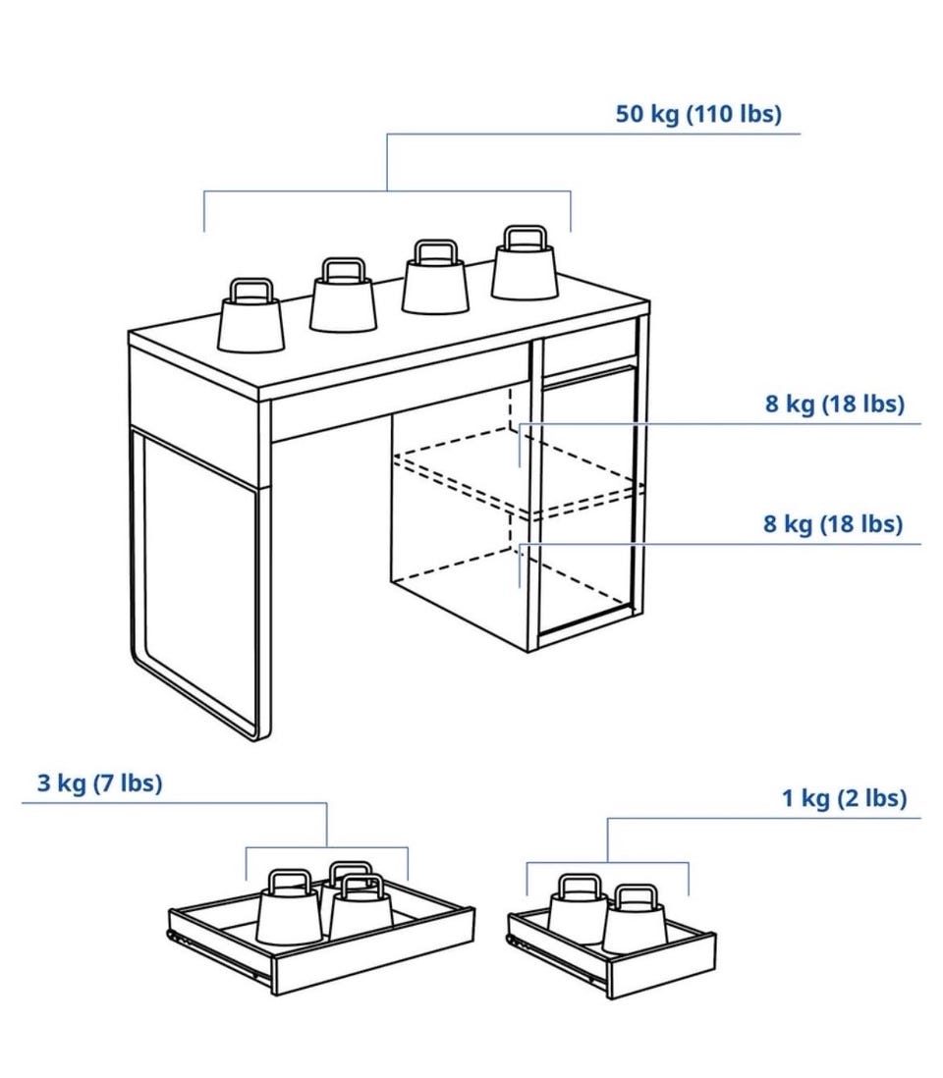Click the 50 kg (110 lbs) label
coord(698,114)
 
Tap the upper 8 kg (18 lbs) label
coord(834,404)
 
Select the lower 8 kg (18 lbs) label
coord(833,524)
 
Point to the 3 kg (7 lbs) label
coord(100,782)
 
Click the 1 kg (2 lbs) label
coord(844,798)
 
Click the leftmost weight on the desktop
coord(250,316)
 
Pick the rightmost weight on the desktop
coord(525,263)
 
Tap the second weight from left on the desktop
coord(343,295)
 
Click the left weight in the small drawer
coord(577,909)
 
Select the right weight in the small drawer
coord(635,919)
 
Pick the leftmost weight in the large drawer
coord(289,907)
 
